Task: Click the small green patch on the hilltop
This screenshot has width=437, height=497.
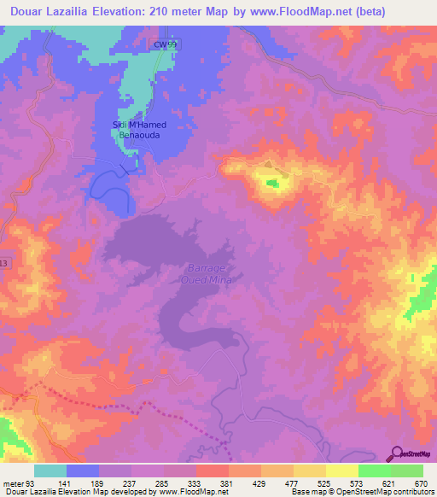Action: (272, 183)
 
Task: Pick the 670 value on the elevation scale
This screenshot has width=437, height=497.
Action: (420, 483)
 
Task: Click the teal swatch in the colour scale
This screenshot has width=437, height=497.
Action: (50, 471)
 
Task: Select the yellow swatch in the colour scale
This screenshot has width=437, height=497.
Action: (341, 471)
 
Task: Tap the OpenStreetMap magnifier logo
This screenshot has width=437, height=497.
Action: (396, 453)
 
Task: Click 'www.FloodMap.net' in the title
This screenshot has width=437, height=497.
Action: (278, 12)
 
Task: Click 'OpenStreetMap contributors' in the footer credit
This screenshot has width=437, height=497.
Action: (384, 493)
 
